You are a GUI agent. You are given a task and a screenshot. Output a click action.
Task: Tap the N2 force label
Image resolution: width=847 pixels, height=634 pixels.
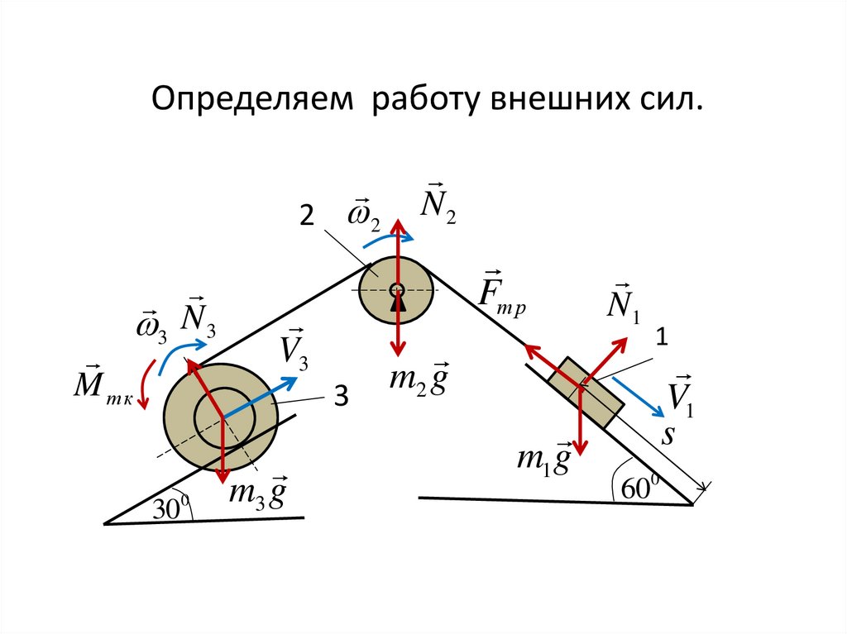pyautogui.click(x=438, y=203)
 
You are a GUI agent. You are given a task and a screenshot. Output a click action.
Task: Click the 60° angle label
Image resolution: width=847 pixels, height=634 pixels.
pyautogui.click(x=635, y=488)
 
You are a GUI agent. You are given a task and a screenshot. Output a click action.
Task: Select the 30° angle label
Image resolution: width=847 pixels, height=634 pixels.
pyautogui.click(x=170, y=509)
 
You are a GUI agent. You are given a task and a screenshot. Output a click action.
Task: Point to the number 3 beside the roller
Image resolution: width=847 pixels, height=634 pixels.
pyautogui.click(x=339, y=399)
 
